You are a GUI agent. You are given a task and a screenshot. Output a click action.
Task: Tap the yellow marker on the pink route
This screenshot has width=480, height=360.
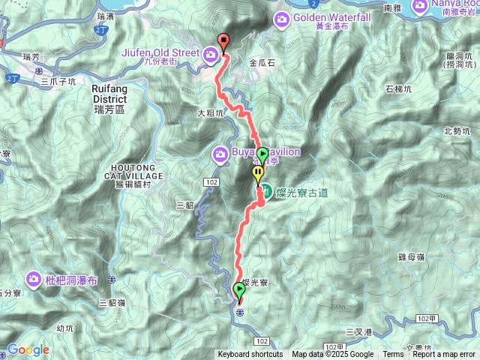pyautogui.click(x=258, y=173)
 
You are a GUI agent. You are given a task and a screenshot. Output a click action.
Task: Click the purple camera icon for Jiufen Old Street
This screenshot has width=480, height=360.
pyautogui.click(x=211, y=53)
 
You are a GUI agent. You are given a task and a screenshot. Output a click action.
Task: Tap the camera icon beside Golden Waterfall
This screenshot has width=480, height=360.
pyautogui.click(x=283, y=18)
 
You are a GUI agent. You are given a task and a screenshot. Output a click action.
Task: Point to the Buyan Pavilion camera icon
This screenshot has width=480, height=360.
pyautogui.click(x=220, y=153)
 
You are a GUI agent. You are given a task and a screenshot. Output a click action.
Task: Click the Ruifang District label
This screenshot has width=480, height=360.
pyautogui.click(x=113, y=93)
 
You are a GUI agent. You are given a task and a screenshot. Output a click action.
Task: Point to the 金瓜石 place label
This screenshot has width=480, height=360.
pyautogui.click(x=263, y=64)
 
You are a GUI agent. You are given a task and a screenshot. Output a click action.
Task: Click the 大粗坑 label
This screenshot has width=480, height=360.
pyautogui.click(x=211, y=114)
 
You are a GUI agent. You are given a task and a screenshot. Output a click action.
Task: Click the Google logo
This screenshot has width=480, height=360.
pyautogui.click(x=28, y=349)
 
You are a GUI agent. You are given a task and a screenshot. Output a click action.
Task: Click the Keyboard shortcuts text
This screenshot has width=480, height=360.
pyautogui.click(x=250, y=355)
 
